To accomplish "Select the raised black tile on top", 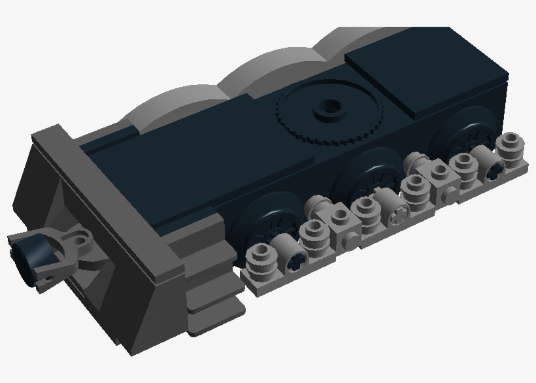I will click(425, 72).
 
